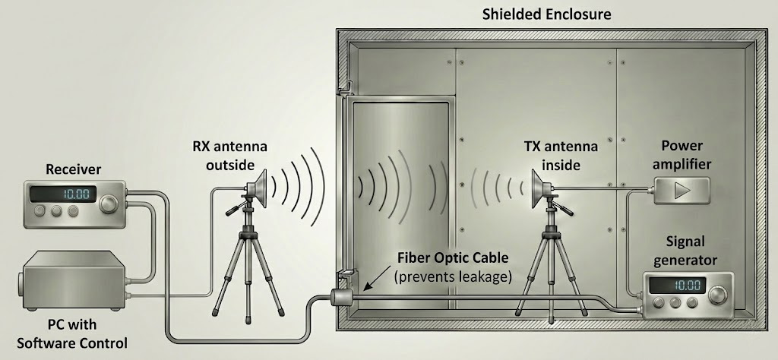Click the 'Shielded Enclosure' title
(x=546, y=14)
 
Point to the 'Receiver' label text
(x=73, y=168)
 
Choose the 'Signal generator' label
(x=687, y=251)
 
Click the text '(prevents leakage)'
(x=453, y=277)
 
